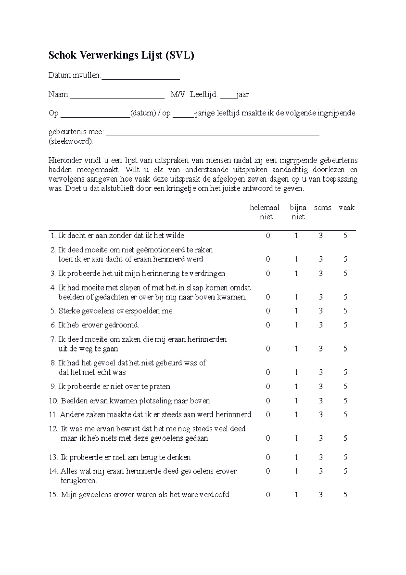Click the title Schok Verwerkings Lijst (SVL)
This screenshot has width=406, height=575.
click(121, 55)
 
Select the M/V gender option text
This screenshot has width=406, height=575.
click(178, 94)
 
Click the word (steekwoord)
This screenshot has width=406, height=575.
click(70, 141)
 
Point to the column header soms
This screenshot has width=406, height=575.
click(322, 208)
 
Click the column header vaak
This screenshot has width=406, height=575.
click(346, 208)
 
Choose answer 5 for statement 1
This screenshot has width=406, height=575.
click(345, 236)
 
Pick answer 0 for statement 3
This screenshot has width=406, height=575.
click(268, 274)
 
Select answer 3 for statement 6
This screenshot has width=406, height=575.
click(321, 325)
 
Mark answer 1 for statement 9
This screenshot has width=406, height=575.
click(296, 387)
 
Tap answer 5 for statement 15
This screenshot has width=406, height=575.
click(345, 495)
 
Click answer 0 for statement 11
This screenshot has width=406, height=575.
click(268, 415)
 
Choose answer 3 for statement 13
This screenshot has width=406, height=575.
click(321, 458)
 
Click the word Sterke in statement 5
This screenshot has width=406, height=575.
click(68, 311)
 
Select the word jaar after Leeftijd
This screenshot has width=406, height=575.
click(243, 94)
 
